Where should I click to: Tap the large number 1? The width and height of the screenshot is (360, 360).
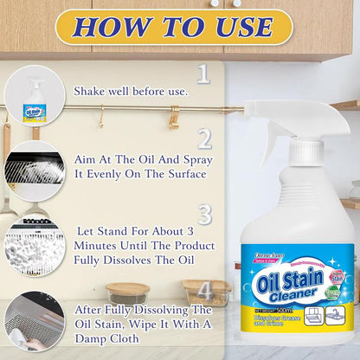click(x=203, y=73)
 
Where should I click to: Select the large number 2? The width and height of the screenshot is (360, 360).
click(x=203, y=138)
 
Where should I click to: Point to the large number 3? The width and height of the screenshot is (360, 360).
click(x=203, y=214)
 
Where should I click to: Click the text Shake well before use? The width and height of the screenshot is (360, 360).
click(x=131, y=90)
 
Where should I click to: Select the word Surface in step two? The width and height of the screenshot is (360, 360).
click(x=179, y=173)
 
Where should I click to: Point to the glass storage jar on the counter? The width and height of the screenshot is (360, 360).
click(x=128, y=294)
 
